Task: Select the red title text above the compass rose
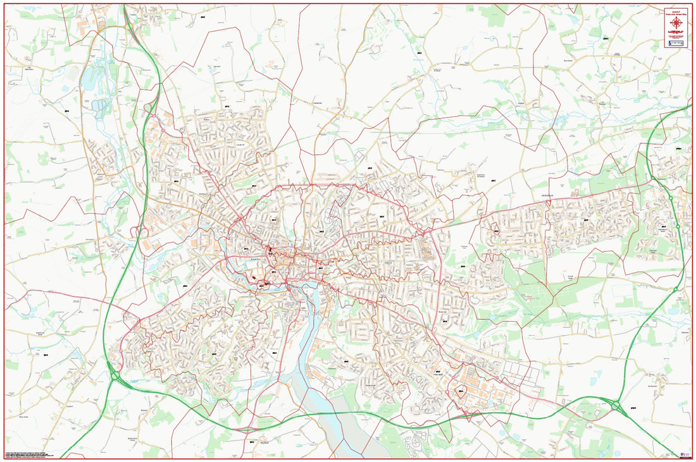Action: (x=676, y=11)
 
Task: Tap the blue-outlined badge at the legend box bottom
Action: (x=676, y=43)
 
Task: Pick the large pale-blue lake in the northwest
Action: (x=92, y=79)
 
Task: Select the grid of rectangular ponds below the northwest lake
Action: (x=99, y=105)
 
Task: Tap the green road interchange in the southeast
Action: (x=616, y=405)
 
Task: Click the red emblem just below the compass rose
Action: (x=676, y=32)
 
